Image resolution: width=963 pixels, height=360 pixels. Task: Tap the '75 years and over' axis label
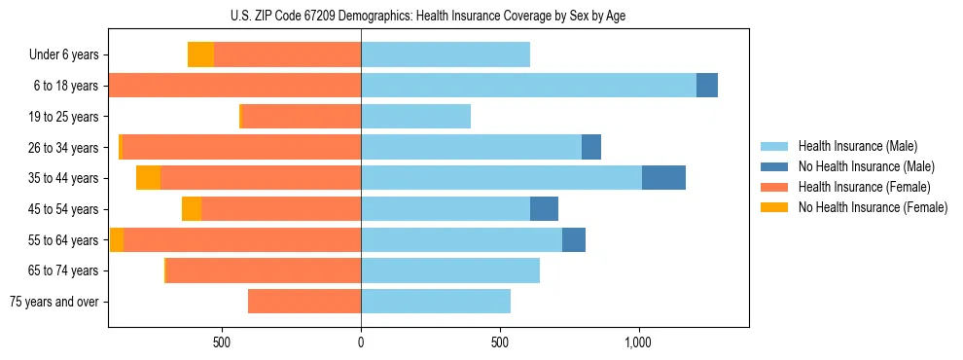pyautogui.click(x=54, y=302)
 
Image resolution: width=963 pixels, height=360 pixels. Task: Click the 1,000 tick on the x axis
pyautogui.click(x=638, y=342)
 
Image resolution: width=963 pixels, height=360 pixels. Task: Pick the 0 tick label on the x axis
pyautogui.click(x=361, y=342)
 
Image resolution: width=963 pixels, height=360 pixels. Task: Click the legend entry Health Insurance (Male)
pyautogui.click(x=857, y=146)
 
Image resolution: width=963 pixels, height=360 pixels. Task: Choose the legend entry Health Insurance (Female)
pyautogui.click(x=864, y=187)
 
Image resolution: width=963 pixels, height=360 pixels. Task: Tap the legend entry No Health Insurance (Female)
pyautogui.click(x=873, y=207)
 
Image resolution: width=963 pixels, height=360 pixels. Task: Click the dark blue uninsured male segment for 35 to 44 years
pyautogui.click(x=663, y=178)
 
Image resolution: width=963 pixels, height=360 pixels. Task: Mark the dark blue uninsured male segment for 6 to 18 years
pyautogui.click(x=707, y=86)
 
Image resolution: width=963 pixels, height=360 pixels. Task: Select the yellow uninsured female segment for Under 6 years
pyautogui.click(x=200, y=55)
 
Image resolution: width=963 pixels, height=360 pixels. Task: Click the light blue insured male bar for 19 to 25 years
pyautogui.click(x=415, y=117)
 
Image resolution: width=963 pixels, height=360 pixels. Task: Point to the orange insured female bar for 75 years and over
pyautogui.click(x=304, y=302)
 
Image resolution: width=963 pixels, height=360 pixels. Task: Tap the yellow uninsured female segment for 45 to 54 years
pyautogui.click(x=192, y=209)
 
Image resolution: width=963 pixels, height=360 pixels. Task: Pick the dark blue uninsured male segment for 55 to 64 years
pyautogui.click(x=574, y=239)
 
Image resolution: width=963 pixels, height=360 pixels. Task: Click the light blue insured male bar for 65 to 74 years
pyautogui.click(x=450, y=270)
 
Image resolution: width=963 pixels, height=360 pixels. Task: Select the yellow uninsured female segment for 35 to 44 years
pyautogui.click(x=148, y=178)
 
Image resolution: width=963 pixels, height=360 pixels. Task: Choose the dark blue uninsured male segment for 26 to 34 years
pyautogui.click(x=591, y=147)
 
